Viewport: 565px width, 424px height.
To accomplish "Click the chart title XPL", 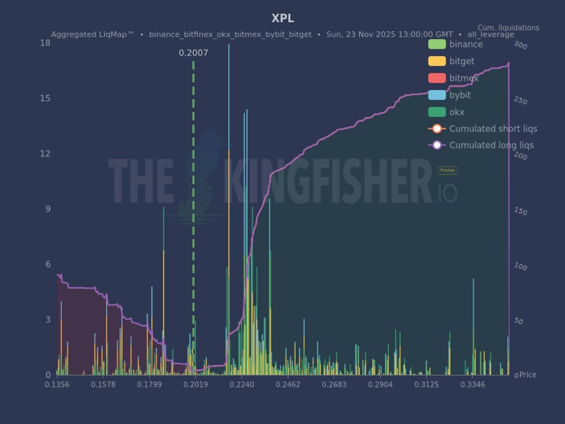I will [282, 19].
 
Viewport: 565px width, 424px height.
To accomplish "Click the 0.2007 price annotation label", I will [193, 53].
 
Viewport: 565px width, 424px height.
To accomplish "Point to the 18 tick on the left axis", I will [45, 43].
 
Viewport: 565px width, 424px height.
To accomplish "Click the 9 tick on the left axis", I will [47, 209].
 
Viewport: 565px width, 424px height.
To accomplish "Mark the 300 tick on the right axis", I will [520, 46].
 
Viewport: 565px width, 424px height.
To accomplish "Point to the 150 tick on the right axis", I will [520, 212].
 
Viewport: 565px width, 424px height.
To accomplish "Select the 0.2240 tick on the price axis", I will [244, 385].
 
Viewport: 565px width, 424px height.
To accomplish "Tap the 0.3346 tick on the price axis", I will [473, 385].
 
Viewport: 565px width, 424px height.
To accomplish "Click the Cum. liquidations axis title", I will [508, 28].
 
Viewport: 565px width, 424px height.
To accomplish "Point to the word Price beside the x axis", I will [528, 375].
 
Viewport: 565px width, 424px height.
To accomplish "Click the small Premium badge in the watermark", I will [447, 170].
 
